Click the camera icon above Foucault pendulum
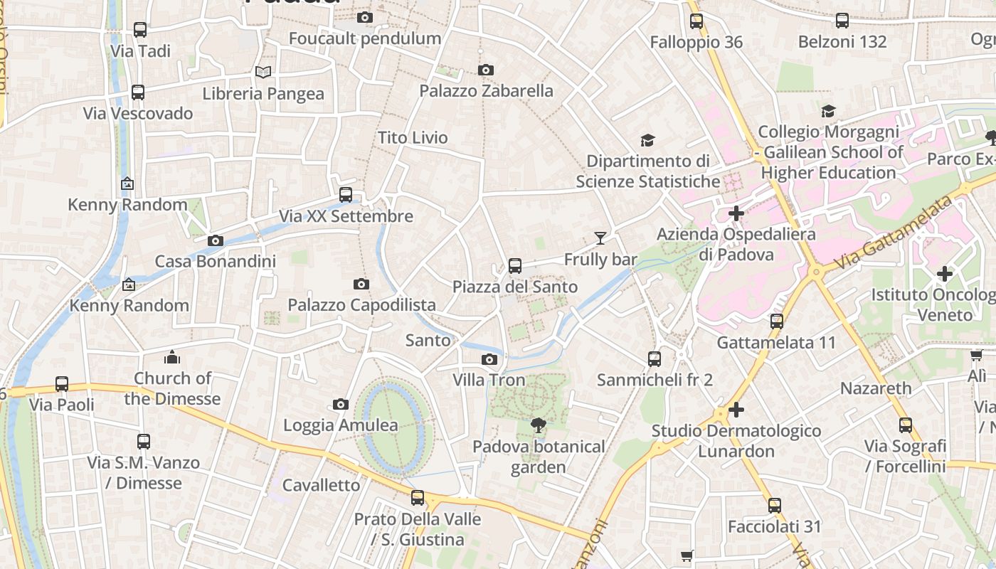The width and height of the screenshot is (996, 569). [365, 18]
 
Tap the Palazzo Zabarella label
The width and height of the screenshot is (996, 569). [486, 91]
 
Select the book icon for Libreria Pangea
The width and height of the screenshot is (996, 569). [263, 72]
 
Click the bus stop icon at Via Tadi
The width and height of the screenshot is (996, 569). [140, 30]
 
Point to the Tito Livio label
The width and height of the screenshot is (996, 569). [413, 137]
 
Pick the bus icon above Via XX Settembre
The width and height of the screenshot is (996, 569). [346, 194]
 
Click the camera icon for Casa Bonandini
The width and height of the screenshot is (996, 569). [216, 240]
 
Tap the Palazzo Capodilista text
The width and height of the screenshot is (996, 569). [361, 305]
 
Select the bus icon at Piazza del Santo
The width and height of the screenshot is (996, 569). [515, 266]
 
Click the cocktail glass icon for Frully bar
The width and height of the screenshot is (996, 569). [600, 238]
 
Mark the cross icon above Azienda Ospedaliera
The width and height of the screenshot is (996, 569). [736, 213]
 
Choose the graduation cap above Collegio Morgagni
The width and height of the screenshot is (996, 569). [828, 111]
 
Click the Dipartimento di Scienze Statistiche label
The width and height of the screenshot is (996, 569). [647, 171]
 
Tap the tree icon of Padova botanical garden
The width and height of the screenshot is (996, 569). [539, 425]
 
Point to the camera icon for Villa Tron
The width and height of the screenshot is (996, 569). [489, 359]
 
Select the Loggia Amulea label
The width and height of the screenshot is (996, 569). [341, 425]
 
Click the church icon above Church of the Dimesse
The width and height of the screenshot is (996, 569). [172, 357]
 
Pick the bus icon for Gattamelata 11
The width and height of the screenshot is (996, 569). [777, 321]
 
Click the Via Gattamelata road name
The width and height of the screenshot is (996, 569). [894, 233]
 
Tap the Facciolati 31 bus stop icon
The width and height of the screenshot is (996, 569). [775, 506]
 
